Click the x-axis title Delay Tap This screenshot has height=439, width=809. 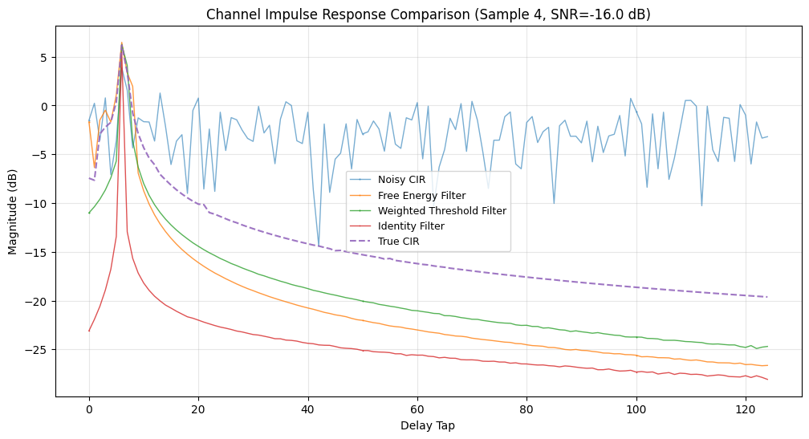point(428,426)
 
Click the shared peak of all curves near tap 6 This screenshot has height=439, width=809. point(121,43)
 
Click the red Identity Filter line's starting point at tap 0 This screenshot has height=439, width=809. point(89,331)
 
